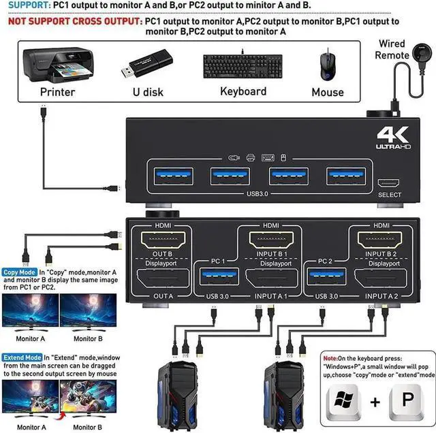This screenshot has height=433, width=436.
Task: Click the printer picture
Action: coord(57,64)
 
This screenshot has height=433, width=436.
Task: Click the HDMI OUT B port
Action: coord(161,240)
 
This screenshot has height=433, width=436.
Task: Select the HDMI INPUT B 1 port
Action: coord(269,240)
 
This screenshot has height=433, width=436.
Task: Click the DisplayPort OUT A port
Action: coord(161,279)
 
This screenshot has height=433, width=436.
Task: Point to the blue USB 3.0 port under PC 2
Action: coord(325,276)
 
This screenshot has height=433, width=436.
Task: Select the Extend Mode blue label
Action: coord(22,356)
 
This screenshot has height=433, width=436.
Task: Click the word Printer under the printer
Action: coord(57,92)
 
